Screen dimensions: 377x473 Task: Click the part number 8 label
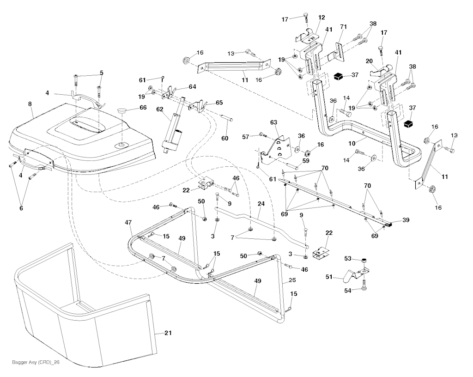click(30, 104)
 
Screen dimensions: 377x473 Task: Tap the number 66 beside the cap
click(143, 108)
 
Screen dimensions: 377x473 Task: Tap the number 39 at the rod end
click(406, 221)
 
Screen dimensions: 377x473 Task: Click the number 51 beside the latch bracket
click(329, 277)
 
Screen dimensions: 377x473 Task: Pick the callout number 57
click(246, 137)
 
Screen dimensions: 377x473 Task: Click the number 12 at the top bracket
click(321, 17)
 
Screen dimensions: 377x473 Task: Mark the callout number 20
click(369, 61)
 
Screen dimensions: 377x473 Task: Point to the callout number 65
click(218, 103)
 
